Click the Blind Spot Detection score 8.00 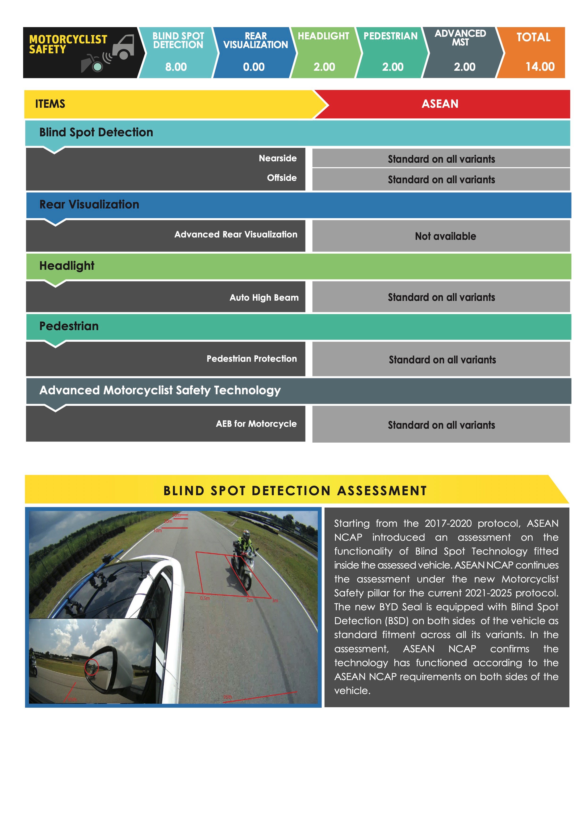point(176,67)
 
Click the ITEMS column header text point(50,104)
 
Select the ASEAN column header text point(440,104)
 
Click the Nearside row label point(277,158)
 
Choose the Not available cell point(445,236)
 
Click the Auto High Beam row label point(264,298)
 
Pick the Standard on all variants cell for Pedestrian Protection point(442,360)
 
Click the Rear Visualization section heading point(89,205)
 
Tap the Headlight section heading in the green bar point(67,266)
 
